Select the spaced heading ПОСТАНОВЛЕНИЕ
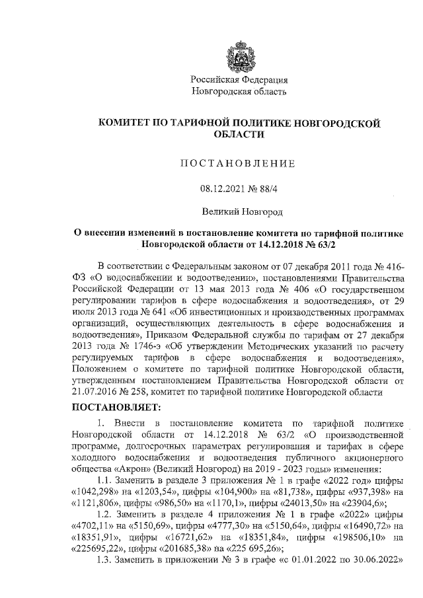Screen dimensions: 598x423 point(239,163)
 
